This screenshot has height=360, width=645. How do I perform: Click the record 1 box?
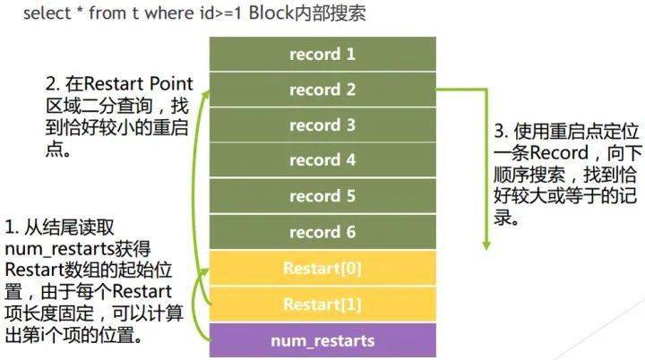[x=322, y=54]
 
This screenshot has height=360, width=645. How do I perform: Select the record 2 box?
[x=322, y=90]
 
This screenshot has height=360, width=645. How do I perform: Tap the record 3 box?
[x=322, y=125]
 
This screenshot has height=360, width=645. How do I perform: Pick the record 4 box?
[x=322, y=160]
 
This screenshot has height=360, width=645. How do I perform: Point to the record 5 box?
[x=322, y=196]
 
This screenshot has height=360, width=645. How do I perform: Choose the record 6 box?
[x=322, y=232]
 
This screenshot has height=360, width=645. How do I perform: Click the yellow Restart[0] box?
[x=322, y=269]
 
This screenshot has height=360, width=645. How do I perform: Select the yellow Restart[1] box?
[x=322, y=304]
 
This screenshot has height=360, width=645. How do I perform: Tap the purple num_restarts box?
[x=322, y=340]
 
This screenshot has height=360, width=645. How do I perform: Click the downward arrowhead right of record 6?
[x=486, y=245]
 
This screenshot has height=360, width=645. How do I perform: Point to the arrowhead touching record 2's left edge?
[x=205, y=96]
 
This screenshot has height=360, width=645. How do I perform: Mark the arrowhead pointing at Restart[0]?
[x=204, y=272]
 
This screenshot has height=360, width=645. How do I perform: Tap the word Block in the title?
[x=271, y=13]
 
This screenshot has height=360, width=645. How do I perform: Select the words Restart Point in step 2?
[x=138, y=84]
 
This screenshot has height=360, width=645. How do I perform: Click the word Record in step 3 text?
[x=559, y=152]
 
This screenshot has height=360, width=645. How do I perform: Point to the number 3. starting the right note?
[x=502, y=132]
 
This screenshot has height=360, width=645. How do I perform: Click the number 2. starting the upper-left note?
[x=53, y=84]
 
